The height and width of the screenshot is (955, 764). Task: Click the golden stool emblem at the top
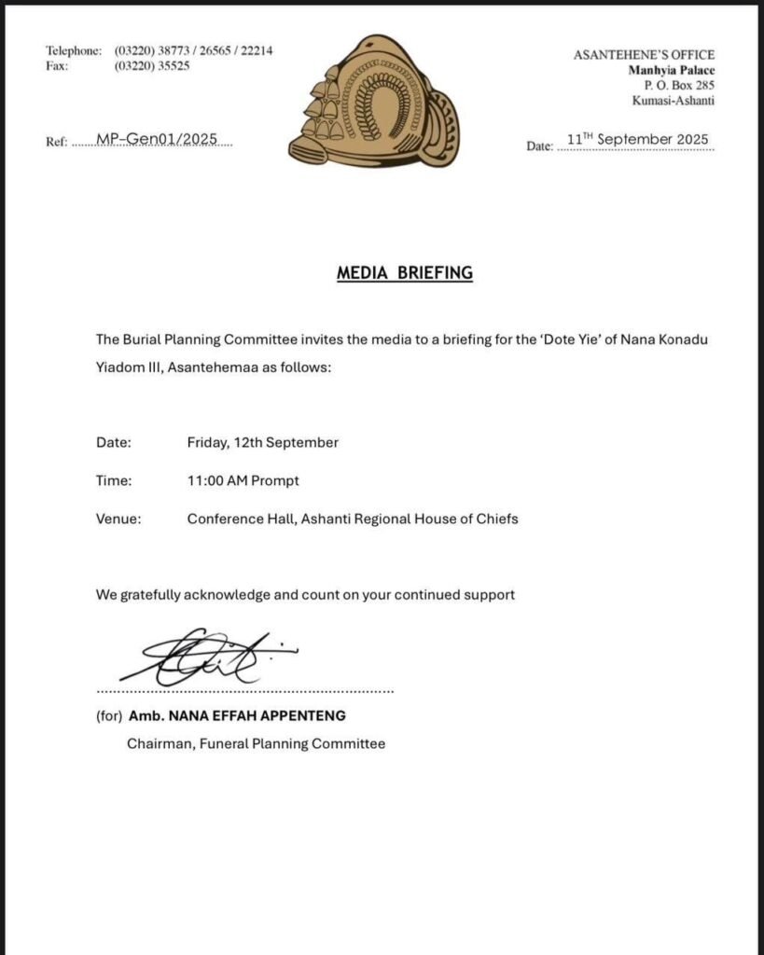[372, 102]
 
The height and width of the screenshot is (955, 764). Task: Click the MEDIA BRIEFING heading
[405, 273]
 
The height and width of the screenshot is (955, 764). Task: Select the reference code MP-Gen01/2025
[157, 139]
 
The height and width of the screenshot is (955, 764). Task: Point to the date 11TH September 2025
[638, 140]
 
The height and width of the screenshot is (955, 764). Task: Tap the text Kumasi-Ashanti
[674, 101]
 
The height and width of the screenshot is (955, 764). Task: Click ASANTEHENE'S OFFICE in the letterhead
[644, 55]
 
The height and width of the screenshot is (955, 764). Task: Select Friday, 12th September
[262, 442]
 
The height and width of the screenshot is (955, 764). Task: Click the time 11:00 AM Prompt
[243, 480]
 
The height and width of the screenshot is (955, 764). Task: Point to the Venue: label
[118, 519]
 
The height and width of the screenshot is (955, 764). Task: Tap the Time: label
[114, 480]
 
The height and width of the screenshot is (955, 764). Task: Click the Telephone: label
[74, 50]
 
